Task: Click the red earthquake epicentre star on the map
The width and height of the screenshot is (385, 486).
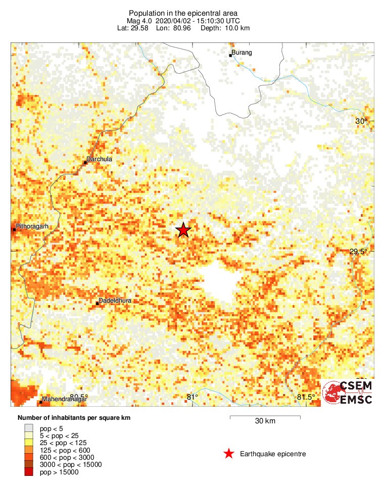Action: (x=183, y=230)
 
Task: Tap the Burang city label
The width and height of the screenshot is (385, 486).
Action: (x=242, y=53)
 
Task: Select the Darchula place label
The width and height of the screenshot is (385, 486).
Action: (x=99, y=159)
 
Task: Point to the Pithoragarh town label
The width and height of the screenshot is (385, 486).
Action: (x=32, y=226)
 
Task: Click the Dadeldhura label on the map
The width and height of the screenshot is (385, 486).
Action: (x=115, y=301)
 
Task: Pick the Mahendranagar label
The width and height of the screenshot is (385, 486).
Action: (x=65, y=399)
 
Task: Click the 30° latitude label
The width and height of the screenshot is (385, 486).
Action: (x=361, y=121)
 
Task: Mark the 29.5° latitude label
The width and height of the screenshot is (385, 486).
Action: (x=359, y=252)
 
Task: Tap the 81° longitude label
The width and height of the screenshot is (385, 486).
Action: (x=192, y=397)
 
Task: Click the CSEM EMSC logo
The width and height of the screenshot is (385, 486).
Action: (x=349, y=393)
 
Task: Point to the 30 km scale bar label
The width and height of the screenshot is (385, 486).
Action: (x=265, y=421)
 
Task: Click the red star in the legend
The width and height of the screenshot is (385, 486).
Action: (x=229, y=454)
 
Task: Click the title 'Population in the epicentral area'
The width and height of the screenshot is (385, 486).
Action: (x=183, y=13)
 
